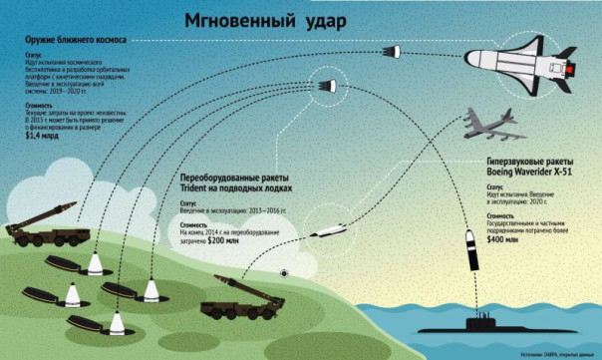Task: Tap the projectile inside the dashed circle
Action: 325,84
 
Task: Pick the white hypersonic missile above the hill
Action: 328,233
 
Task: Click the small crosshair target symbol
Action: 287,273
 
